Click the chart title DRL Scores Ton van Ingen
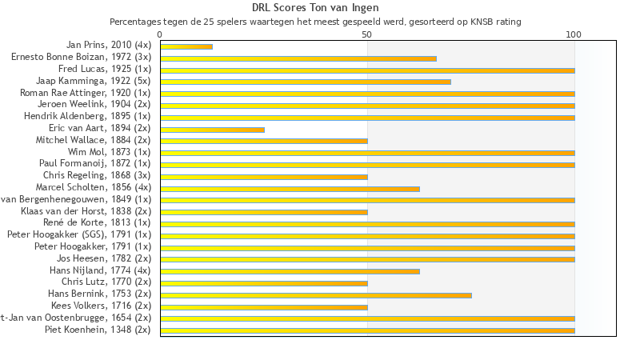315,8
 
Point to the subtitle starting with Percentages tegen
315,22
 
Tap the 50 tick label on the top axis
367,34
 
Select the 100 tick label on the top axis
574,34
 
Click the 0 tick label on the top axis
161,34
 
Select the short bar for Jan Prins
186,46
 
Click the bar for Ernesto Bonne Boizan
298,58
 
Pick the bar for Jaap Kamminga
306,82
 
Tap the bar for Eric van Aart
212,129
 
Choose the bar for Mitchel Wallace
264,141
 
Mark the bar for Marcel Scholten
290,189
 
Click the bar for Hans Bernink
316,295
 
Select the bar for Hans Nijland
290,271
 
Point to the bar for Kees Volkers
264,306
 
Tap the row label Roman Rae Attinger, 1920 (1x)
85,93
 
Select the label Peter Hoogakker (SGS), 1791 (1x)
78,235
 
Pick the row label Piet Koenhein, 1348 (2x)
98,330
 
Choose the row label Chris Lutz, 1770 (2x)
106,282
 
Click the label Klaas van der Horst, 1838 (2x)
86,211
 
